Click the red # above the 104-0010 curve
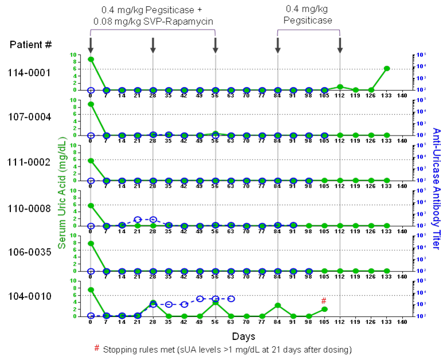coord(324,301)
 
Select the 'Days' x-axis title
coord(244,336)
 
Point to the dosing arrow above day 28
coord(153,45)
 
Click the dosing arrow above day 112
coord(340,45)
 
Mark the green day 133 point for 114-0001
coord(387,68)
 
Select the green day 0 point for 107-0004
coord(91,104)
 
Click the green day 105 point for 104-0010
coord(324,309)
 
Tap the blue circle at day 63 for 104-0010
coord(231,299)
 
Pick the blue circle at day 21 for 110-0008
coord(138,220)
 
